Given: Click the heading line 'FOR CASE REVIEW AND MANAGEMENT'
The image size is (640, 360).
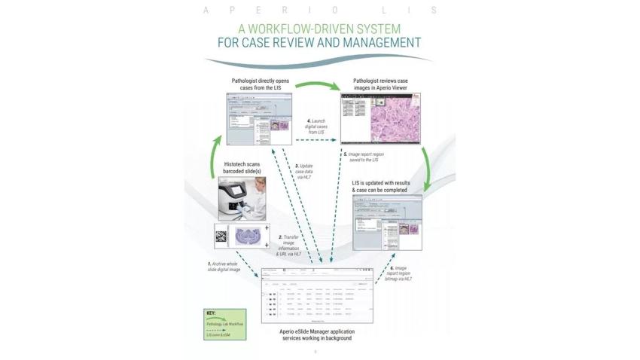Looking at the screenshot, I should tap(319, 43).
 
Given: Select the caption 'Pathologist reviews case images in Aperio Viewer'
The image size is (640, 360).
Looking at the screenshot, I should tap(381, 83).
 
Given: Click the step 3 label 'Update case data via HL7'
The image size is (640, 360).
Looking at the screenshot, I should tap(304, 174).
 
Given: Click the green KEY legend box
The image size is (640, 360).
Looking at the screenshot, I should tap(224, 324).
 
